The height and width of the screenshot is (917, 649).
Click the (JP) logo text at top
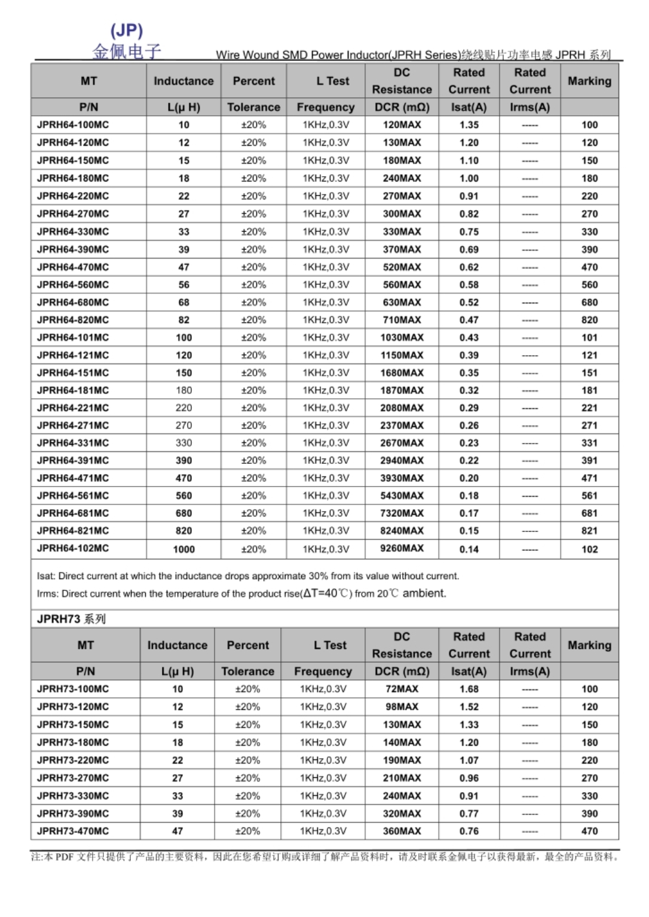coord(127,30)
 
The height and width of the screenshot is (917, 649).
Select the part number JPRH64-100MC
coord(73,125)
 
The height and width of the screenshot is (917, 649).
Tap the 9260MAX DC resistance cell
coord(402,548)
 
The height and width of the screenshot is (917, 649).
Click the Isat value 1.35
coord(469,125)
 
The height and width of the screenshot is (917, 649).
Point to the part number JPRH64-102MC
coord(73,548)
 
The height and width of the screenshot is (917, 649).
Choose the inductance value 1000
coord(183,549)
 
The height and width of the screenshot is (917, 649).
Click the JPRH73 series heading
coord(71,619)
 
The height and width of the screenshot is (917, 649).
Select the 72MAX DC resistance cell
coord(402,689)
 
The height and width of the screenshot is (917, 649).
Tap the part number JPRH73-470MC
coord(73,831)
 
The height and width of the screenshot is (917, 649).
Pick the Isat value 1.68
coord(469,689)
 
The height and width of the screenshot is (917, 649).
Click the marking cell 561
coord(589,496)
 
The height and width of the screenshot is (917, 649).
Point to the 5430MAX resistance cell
coord(402,496)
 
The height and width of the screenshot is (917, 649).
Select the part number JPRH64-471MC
coord(73,478)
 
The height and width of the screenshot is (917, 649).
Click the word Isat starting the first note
coord(45,576)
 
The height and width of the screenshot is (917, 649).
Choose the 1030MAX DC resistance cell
coord(402,337)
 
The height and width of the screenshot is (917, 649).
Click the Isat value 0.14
coord(469,549)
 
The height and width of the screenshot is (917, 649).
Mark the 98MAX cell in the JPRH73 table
coord(402,707)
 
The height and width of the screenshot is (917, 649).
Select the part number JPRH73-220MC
coord(73,760)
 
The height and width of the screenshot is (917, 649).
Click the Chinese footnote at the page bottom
coord(324,857)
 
